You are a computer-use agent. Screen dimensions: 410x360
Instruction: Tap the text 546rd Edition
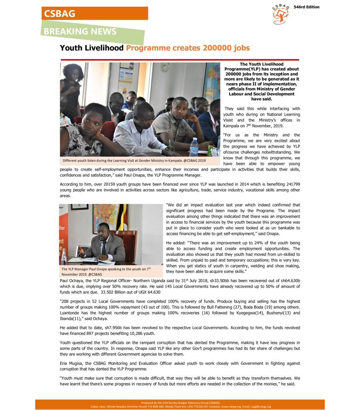pos(306,7)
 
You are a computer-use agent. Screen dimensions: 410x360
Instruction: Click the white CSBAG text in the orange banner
pos(60,13)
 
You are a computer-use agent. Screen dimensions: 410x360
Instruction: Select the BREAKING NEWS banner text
pos(80,32)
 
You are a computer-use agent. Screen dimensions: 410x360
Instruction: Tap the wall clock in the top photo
pos(164,67)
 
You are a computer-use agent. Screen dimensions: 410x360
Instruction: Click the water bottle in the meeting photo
pos(194,147)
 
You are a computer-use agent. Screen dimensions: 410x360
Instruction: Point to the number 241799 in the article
pos(292,184)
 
